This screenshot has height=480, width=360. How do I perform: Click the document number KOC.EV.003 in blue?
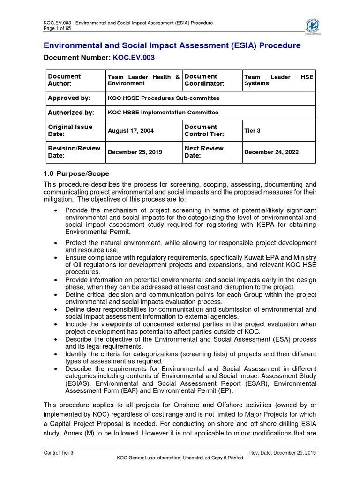click(x=133, y=57)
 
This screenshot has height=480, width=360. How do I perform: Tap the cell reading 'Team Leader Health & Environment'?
click(x=143, y=80)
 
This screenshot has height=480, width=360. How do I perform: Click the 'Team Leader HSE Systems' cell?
click(x=278, y=80)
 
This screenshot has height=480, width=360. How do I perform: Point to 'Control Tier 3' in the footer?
click(x=58, y=452)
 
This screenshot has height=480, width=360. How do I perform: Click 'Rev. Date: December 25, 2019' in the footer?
click(x=284, y=452)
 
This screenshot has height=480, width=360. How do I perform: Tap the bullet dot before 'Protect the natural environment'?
click(x=56, y=243)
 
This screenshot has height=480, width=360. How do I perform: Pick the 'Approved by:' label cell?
click(x=69, y=98)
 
